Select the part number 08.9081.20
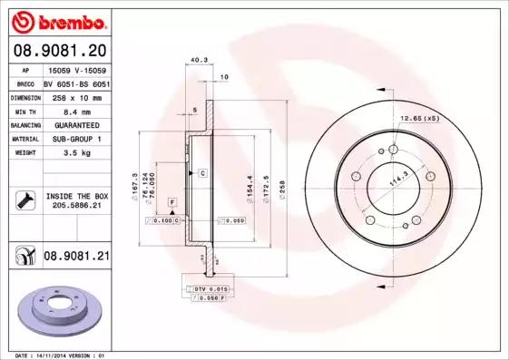59,51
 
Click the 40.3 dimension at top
195,63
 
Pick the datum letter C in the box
202,172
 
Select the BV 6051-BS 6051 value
76,83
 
